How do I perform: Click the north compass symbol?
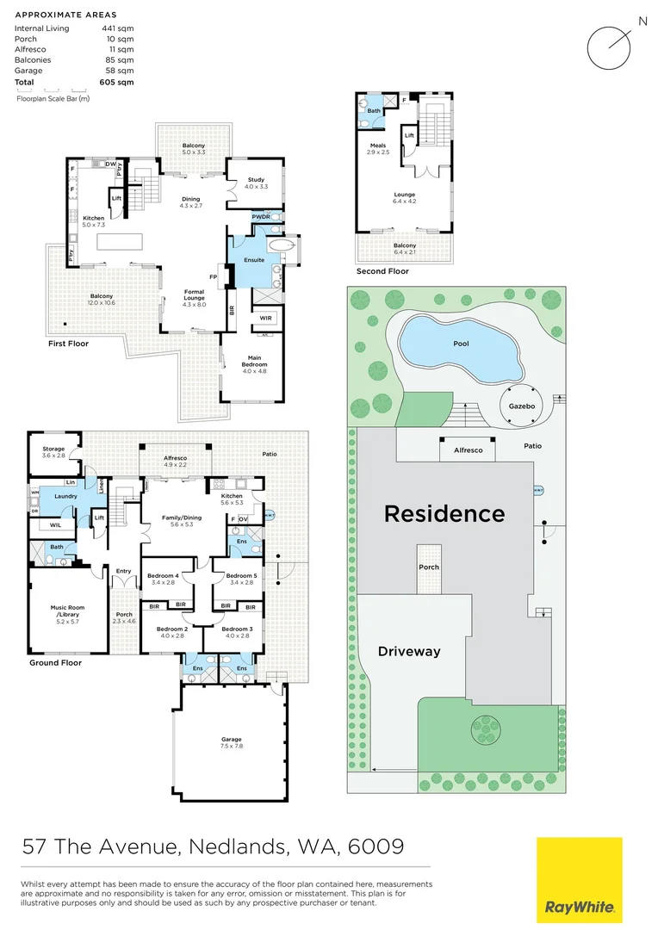click(x=611, y=46)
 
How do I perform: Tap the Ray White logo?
click(x=579, y=880)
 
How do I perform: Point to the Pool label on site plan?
click(x=461, y=343)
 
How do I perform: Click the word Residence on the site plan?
click(x=444, y=514)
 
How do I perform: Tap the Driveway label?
click(x=409, y=652)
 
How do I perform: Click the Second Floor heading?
click(x=383, y=271)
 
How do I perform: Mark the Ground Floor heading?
click(x=55, y=663)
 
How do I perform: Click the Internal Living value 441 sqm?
click(x=118, y=28)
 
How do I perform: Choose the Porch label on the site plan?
click(x=429, y=567)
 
